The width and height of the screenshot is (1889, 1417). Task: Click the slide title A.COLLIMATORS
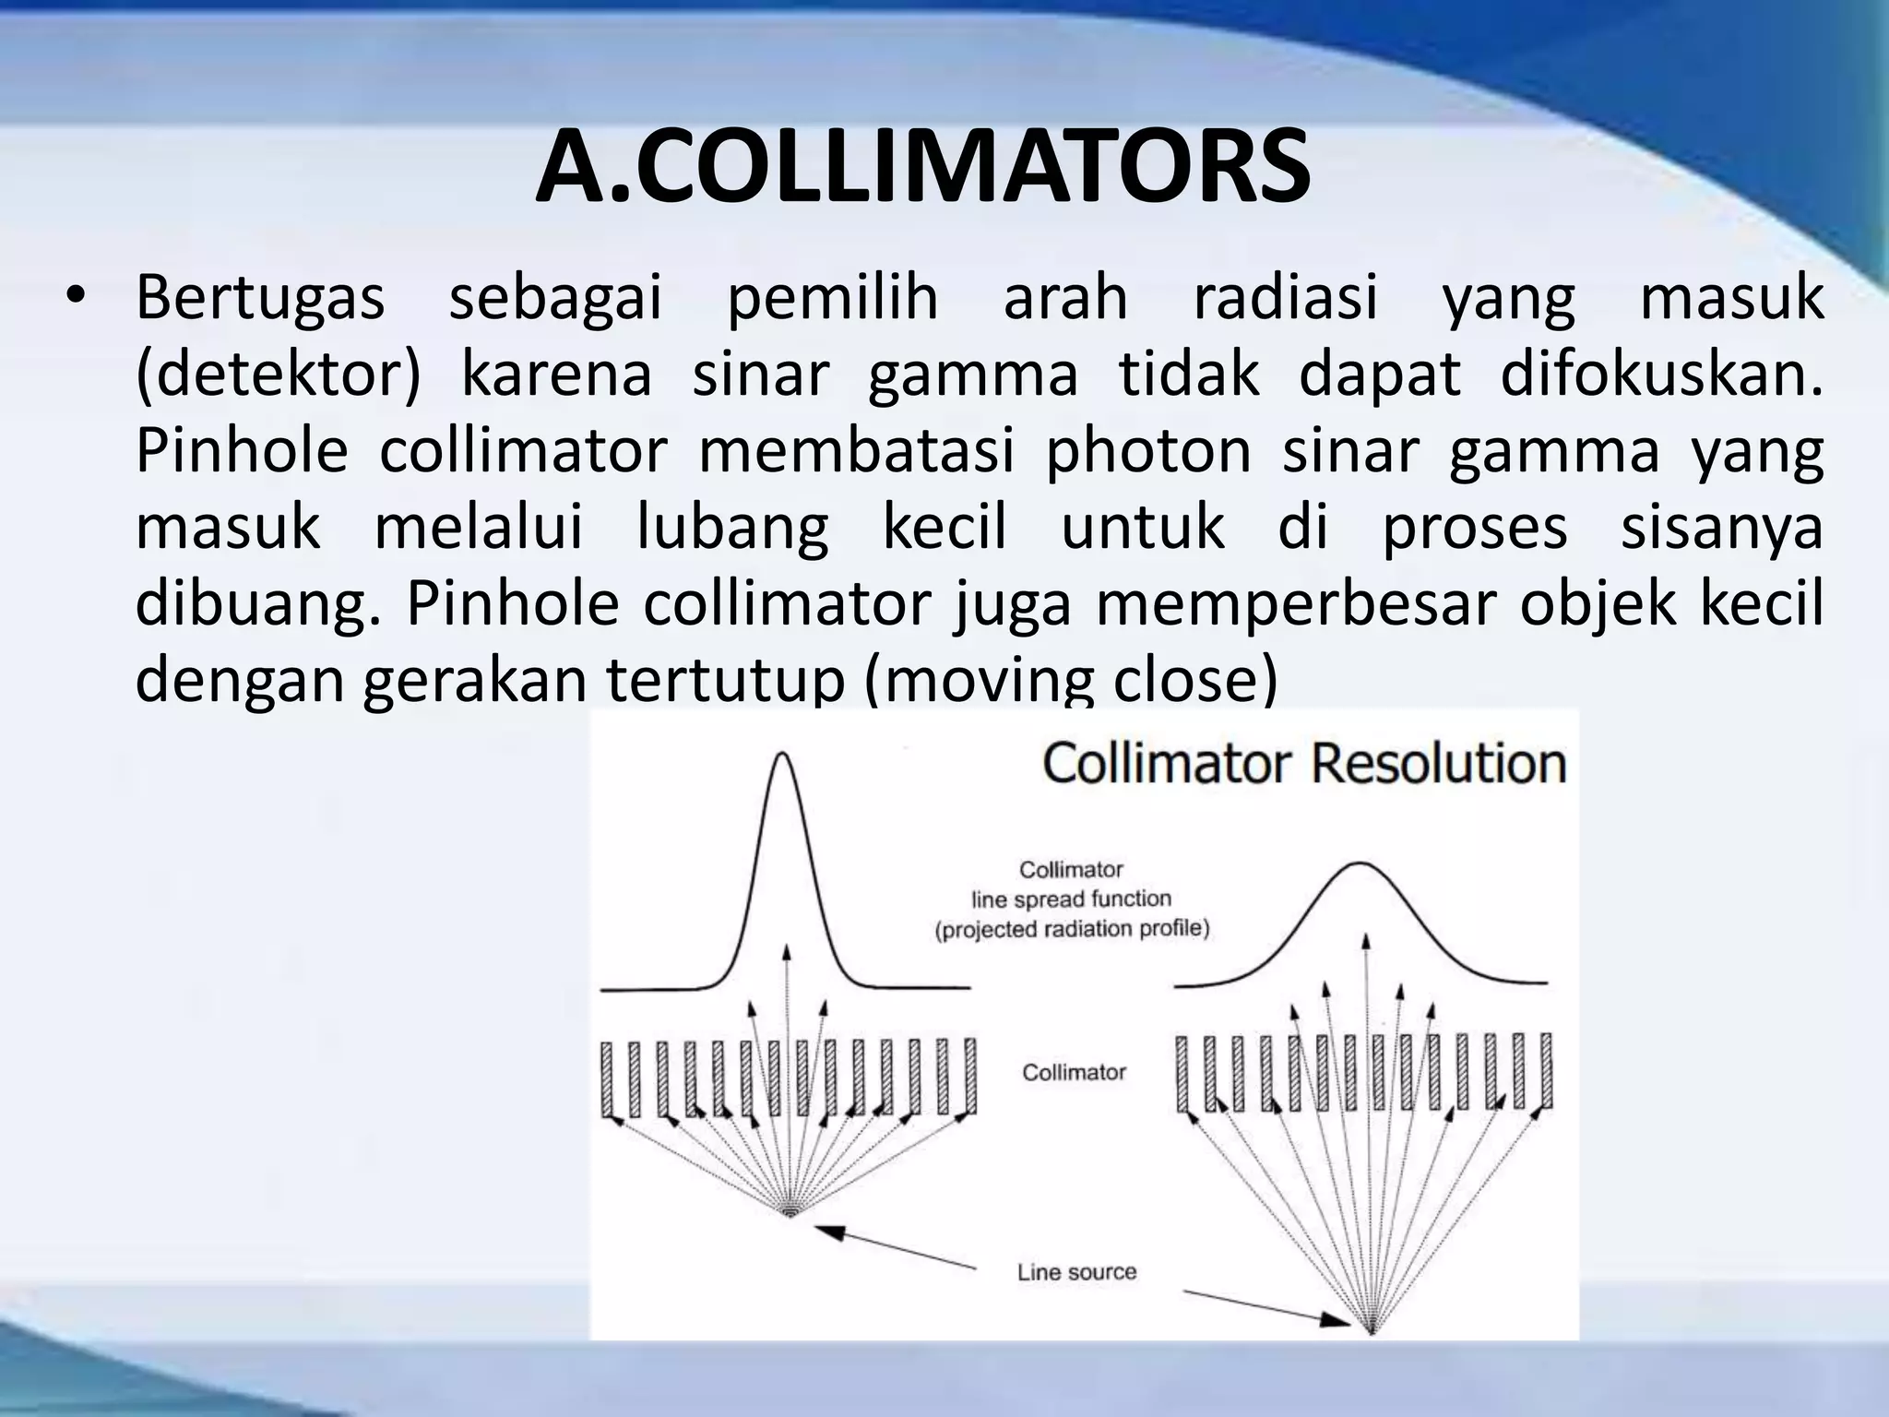tap(922, 169)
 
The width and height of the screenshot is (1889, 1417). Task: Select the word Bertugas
tap(259, 299)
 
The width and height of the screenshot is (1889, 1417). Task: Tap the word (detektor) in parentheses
tap(278, 375)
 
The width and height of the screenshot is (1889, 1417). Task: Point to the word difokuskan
tap(1660, 375)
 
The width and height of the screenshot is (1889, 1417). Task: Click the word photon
tap(1147, 452)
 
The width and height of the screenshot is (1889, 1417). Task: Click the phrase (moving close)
tap(1071, 681)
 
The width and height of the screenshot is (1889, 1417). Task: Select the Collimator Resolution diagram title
tap(1304, 765)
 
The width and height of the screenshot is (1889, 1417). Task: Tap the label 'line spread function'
tap(1071, 899)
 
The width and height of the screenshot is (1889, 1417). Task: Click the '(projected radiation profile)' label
tap(1072, 929)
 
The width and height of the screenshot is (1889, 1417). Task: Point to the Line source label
tap(1076, 1272)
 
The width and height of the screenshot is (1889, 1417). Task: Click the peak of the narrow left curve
tap(784, 756)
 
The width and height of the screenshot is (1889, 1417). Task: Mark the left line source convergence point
tap(789, 1215)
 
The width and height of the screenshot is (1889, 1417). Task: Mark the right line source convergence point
tap(1372, 1332)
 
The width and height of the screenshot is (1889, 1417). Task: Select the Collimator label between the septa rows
tap(1074, 1072)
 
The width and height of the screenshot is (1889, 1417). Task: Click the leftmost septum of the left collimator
tap(608, 1078)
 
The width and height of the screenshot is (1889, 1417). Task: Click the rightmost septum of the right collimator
tap(1546, 1072)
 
